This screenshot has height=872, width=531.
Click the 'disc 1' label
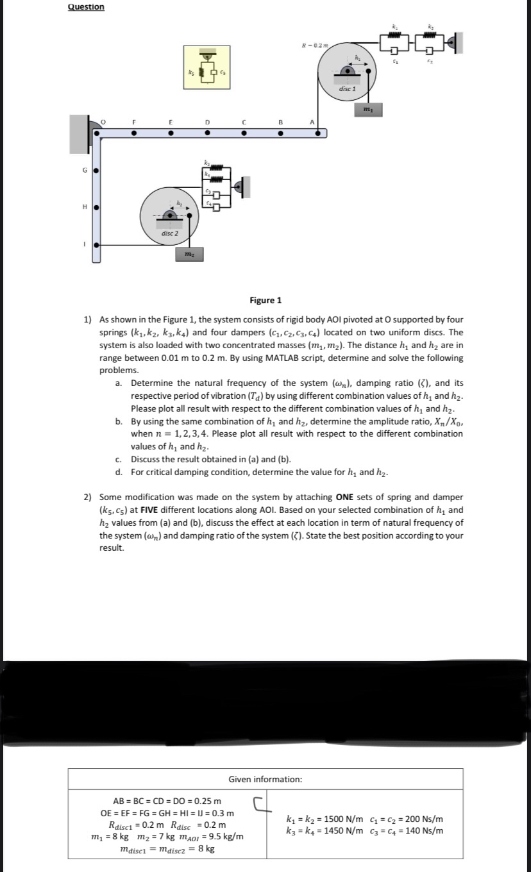click(347, 88)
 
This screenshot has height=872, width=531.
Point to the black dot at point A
click(317, 133)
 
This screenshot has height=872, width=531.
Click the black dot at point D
click(206, 133)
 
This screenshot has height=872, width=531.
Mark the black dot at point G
click(96, 171)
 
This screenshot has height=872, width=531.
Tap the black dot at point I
click(96, 244)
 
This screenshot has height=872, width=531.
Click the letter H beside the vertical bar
click(83, 207)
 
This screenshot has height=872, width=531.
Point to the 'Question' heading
click(86, 6)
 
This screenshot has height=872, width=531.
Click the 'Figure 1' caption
click(265, 300)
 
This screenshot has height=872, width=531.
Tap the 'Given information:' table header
click(265, 779)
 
